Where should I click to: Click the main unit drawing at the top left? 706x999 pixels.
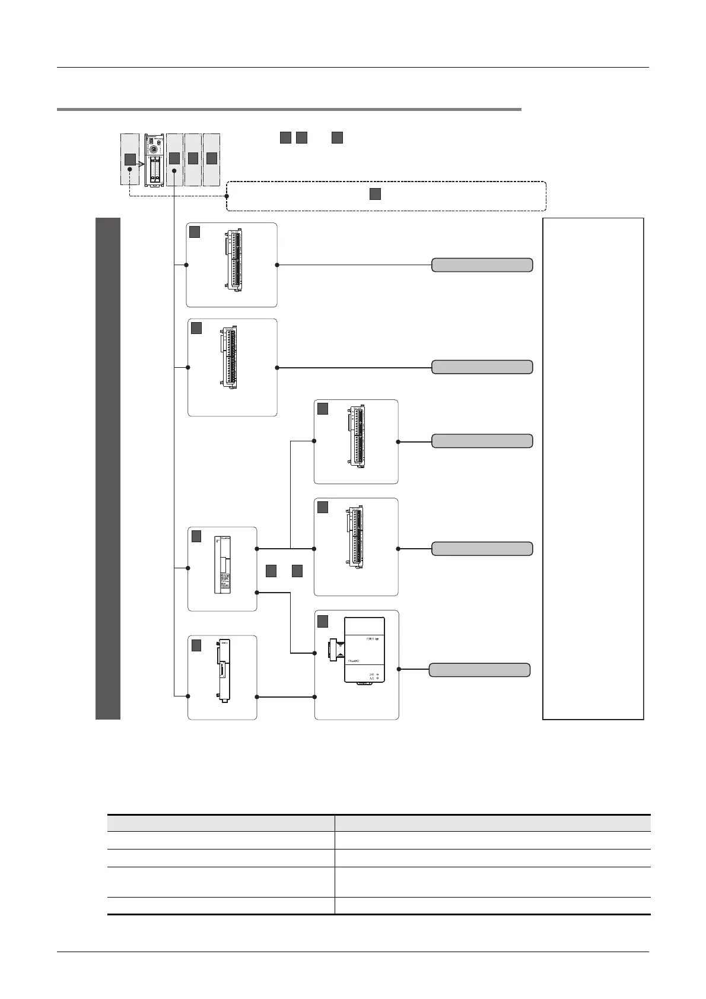coord(154,160)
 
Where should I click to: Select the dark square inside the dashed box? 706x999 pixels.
coord(375,194)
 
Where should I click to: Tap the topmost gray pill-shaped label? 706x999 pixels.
coord(482,265)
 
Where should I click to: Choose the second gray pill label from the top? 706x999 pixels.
coord(482,367)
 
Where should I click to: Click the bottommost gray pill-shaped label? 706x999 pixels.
coord(479,670)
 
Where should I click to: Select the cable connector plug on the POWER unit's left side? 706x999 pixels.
coord(336,649)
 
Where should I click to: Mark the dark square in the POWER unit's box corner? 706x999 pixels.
coord(323,621)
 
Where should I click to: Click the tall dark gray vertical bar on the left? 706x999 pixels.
coord(108,468)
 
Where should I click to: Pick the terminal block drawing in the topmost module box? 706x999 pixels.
coord(233,262)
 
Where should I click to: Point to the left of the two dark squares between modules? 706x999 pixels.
coord(272,571)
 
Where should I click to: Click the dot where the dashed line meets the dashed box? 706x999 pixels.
coord(227,195)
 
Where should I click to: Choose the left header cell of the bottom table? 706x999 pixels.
coord(221,823)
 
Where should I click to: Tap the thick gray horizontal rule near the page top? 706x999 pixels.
coord(289,109)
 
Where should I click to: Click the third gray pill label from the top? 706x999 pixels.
coord(482,441)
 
